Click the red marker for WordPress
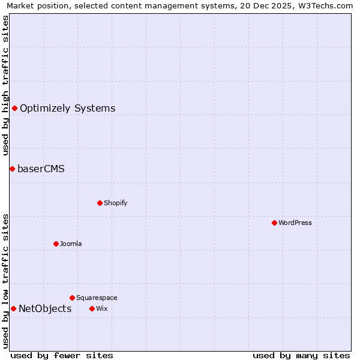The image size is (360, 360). point(274,223)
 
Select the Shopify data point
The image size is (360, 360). point(100,203)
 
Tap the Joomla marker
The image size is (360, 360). point(56,244)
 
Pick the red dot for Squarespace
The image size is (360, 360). point(72,298)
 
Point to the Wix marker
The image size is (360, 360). point(92,308)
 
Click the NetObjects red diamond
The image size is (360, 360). point(13,308)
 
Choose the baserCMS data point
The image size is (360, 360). point(12,169)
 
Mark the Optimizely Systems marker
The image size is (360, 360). point(14,108)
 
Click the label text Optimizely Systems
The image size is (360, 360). point(67,109)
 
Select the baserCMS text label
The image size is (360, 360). point(41,169)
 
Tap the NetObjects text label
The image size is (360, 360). point(45,309)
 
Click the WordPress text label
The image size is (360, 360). point(295,223)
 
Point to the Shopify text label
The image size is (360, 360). point(116,203)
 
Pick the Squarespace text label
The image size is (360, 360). point(97,298)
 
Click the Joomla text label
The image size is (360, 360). point(71,244)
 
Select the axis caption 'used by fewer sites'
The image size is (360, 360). point(62,355)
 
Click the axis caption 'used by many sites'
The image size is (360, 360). point(301,355)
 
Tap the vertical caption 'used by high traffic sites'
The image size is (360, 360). point(5,85)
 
